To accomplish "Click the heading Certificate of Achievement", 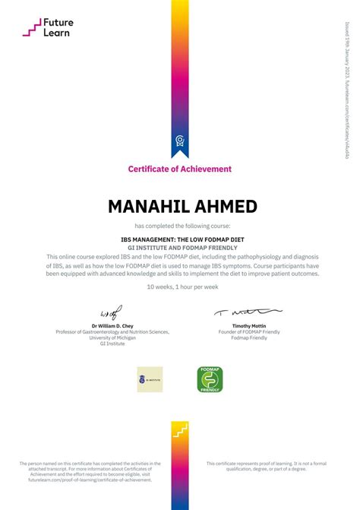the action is pos(180,169).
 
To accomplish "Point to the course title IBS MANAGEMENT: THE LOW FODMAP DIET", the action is pos(180,239).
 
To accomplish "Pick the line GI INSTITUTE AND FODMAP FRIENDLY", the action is pos(180,247).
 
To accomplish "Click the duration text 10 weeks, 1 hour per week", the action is pos(180,287).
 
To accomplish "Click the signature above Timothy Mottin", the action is pos(248,312).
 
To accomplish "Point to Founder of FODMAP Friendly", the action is pos(248,332).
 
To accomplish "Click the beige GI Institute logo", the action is pos(150,379).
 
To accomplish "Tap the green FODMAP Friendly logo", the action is pos(210,379).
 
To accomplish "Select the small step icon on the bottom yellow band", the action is pos(179,434).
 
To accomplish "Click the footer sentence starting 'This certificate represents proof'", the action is pos(266,466).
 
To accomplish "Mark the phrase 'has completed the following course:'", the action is pos(180,226).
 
